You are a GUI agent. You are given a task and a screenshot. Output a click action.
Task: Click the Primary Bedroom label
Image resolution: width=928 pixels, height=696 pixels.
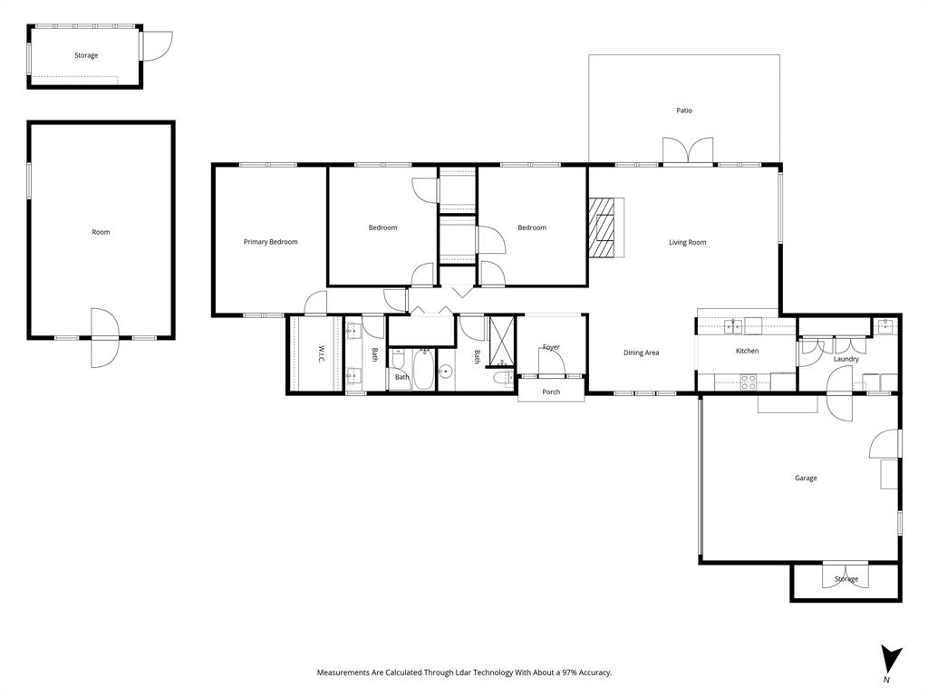[270, 242]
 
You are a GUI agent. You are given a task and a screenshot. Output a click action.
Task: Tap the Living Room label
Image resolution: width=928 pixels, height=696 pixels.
[687, 242]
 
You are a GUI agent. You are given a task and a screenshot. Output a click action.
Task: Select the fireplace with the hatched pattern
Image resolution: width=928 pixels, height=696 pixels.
[603, 227]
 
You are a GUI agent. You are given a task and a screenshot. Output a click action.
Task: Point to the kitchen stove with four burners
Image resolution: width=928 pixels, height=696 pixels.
[749, 382]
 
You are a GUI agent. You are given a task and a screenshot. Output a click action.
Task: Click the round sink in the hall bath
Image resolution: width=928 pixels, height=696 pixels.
[445, 371]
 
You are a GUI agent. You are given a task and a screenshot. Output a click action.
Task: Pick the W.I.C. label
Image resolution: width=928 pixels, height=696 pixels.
[321, 353]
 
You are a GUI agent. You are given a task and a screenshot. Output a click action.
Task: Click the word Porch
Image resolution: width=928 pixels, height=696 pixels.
[551, 391]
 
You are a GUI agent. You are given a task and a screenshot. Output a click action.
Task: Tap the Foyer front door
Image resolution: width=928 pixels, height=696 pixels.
[552, 362]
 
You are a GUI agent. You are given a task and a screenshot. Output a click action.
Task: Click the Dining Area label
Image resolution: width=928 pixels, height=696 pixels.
[641, 353]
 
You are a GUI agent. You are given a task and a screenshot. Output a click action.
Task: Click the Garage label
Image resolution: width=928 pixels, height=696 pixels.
[806, 478]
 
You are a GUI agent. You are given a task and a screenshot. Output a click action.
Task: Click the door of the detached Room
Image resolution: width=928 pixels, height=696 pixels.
[103, 337]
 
